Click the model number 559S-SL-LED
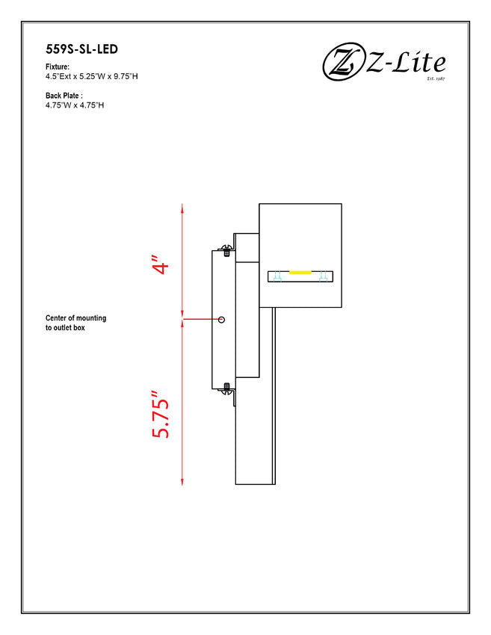(x=82, y=49)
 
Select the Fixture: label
(x=58, y=66)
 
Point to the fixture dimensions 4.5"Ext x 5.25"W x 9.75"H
(x=92, y=76)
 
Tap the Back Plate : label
(x=64, y=96)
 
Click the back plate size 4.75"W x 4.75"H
(x=75, y=105)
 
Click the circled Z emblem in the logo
(x=343, y=61)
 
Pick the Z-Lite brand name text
(x=406, y=63)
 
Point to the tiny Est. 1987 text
(x=436, y=78)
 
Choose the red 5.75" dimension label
(x=161, y=415)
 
